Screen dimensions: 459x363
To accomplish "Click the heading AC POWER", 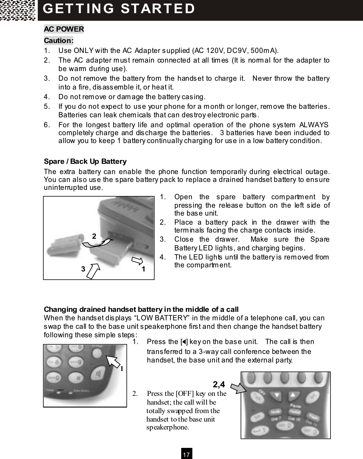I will [x=64, y=29].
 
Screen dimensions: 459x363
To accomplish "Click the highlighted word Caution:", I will [x=59, y=40].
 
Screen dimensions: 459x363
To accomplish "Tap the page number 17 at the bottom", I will [x=186, y=455].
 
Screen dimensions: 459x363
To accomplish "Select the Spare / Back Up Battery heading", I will [x=85, y=161].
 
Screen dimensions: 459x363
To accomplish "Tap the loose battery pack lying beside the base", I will [x=66, y=243].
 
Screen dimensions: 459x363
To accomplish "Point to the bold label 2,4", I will [x=219, y=384].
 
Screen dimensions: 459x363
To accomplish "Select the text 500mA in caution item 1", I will [x=264, y=50].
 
